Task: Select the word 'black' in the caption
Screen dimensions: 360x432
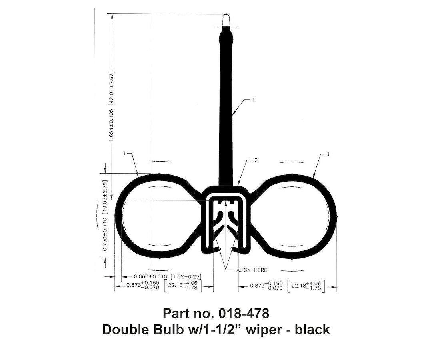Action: tap(310, 329)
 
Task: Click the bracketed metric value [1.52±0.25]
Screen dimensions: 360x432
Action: tap(186, 276)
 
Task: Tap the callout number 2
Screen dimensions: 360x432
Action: tap(256, 160)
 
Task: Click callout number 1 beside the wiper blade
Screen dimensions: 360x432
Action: tap(253, 100)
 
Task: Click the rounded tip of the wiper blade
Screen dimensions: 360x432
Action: tap(226, 20)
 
